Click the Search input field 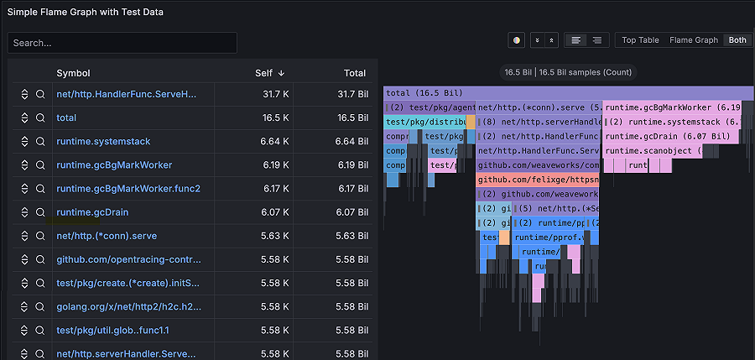pos(122,43)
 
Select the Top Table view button pos(640,40)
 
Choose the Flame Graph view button pos(694,40)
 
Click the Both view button pos(737,40)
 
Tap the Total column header pos(355,73)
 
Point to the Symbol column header pos(73,73)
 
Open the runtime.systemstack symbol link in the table pos(103,142)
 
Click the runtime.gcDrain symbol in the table pos(92,212)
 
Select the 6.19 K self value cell pos(275,165)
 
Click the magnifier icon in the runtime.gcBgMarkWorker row pos(39,165)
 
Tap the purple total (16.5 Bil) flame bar pos(568,93)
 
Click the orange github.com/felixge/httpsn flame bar pos(538,180)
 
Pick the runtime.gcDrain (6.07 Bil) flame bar pos(671,137)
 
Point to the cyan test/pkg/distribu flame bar pos(424,122)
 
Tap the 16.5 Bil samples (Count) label pos(568,73)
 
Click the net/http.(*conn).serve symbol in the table pos(107,236)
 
